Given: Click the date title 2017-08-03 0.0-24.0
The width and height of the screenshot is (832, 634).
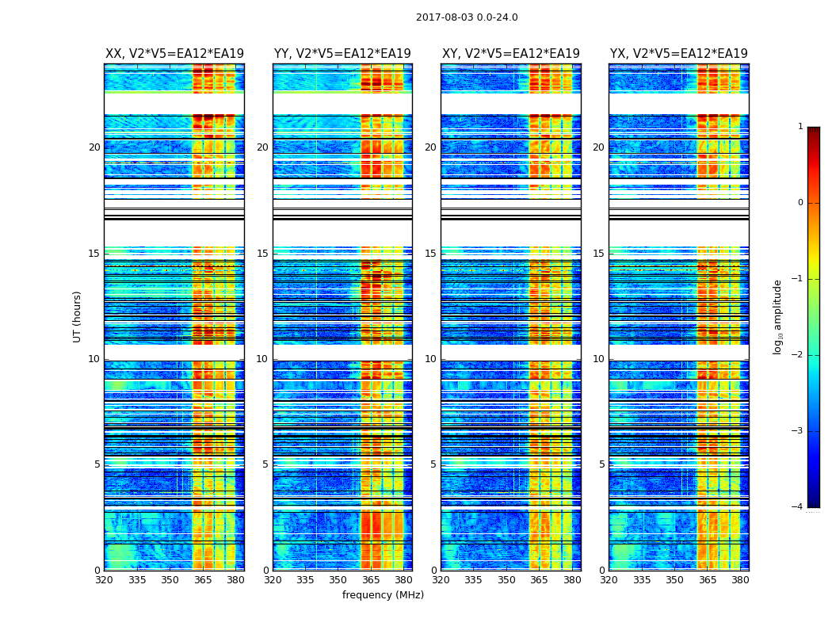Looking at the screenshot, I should click(467, 17).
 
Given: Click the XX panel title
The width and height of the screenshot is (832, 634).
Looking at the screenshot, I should click(174, 54).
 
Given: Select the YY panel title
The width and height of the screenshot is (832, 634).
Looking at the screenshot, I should click(342, 54).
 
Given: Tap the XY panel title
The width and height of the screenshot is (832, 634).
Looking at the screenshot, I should click(511, 54).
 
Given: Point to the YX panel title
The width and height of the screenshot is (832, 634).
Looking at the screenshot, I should click(679, 54).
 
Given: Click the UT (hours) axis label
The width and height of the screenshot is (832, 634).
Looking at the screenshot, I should click(78, 316).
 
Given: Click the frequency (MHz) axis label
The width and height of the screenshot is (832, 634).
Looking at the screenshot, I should click(383, 595).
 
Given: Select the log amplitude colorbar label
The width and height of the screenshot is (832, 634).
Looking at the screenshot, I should click(778, 316).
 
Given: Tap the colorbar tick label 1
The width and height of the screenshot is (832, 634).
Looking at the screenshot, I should click(800, 127).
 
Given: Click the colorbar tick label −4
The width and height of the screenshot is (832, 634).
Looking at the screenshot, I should click(798, 507).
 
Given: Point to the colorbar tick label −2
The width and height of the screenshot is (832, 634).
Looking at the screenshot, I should click(798, 355).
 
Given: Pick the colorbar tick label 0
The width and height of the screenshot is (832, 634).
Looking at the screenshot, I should click(800, 203).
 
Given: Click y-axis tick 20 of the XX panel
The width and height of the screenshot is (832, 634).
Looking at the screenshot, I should click(94, 147).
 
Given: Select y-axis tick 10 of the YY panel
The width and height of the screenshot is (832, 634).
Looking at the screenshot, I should click(262, 359).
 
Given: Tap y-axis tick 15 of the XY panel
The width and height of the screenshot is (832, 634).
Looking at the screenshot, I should click(430, 254).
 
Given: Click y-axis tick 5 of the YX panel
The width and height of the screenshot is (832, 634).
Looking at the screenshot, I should click(601, 464).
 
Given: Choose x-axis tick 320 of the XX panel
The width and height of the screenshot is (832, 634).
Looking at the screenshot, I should click(105, 580).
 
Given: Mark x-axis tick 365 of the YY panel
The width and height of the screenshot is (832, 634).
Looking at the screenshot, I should click(371, 580).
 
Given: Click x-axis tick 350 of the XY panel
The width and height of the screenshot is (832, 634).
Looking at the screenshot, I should click(506, 580).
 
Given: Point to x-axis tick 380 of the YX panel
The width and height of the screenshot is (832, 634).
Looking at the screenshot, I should click(740, 580).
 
